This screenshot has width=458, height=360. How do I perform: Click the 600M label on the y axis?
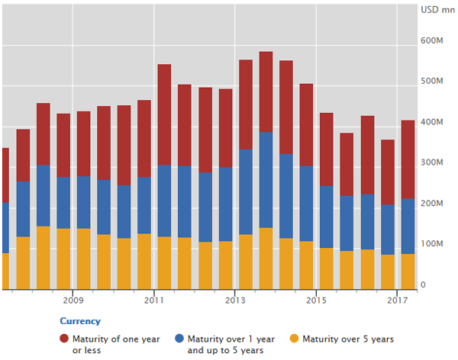(431, 40)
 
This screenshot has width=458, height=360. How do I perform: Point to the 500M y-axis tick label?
(431, 82)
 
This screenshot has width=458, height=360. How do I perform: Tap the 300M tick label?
(431, 162)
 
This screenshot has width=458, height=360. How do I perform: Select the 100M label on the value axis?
(431, 244)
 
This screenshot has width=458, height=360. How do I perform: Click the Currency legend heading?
(80, 321)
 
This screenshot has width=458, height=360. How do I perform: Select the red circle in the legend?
(65, 339)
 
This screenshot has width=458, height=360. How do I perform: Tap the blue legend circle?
(181, 339)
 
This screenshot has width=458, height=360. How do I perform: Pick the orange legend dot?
(294, 339)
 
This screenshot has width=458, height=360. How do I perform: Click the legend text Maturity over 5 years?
(348, 339)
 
